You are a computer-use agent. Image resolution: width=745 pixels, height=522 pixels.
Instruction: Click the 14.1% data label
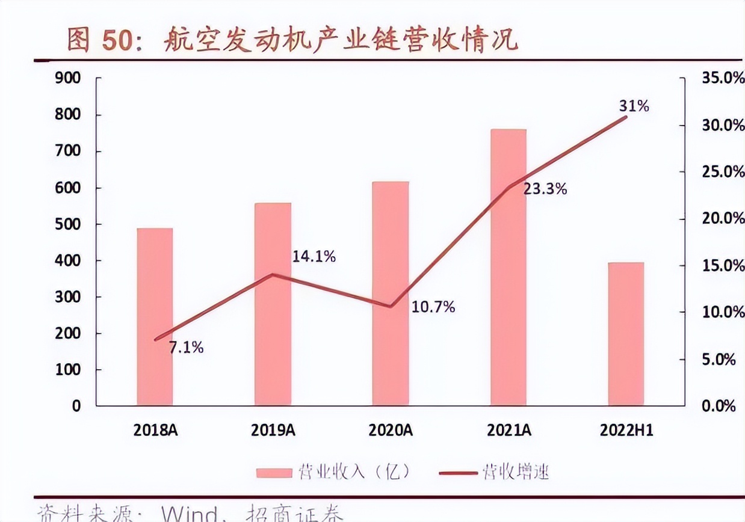click(x=314, y=257)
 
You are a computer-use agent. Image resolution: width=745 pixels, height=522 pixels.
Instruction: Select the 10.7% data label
click(x=433, y=307)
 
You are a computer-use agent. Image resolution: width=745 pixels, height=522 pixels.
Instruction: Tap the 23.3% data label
click(x=545, y=189)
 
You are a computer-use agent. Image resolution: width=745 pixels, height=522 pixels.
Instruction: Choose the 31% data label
click(x=634, y=106)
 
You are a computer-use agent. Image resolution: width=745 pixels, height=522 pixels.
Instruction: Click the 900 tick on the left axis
click(x=67, y=78)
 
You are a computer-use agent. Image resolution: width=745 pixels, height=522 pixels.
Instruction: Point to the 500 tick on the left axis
click(x=67, y=224)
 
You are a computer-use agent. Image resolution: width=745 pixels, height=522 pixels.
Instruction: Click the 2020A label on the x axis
click(x=391, y=430)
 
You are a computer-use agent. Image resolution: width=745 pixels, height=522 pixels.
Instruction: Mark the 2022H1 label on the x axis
click(x=626, y=430)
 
